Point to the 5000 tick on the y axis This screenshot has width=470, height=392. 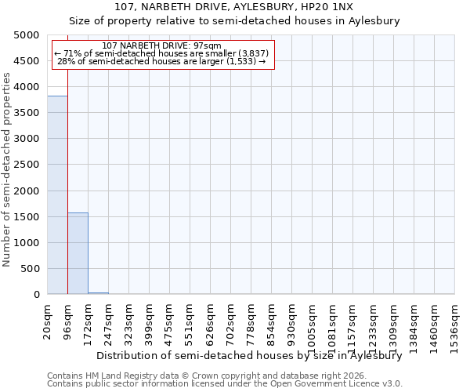coord(27,35)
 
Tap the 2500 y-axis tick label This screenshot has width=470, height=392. coord(27,165)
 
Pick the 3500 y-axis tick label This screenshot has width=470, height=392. coord(27,113)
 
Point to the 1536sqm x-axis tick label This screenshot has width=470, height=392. coord(455,322)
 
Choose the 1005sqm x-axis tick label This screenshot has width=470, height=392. coord(313,322)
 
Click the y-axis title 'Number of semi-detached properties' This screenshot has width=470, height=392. coord(7,169)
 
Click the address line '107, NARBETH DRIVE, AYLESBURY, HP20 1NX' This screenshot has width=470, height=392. coord(234,8)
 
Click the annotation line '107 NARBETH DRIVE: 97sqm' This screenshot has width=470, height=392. coord(162,45)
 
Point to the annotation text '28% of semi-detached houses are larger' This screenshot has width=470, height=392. coord(162,61)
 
